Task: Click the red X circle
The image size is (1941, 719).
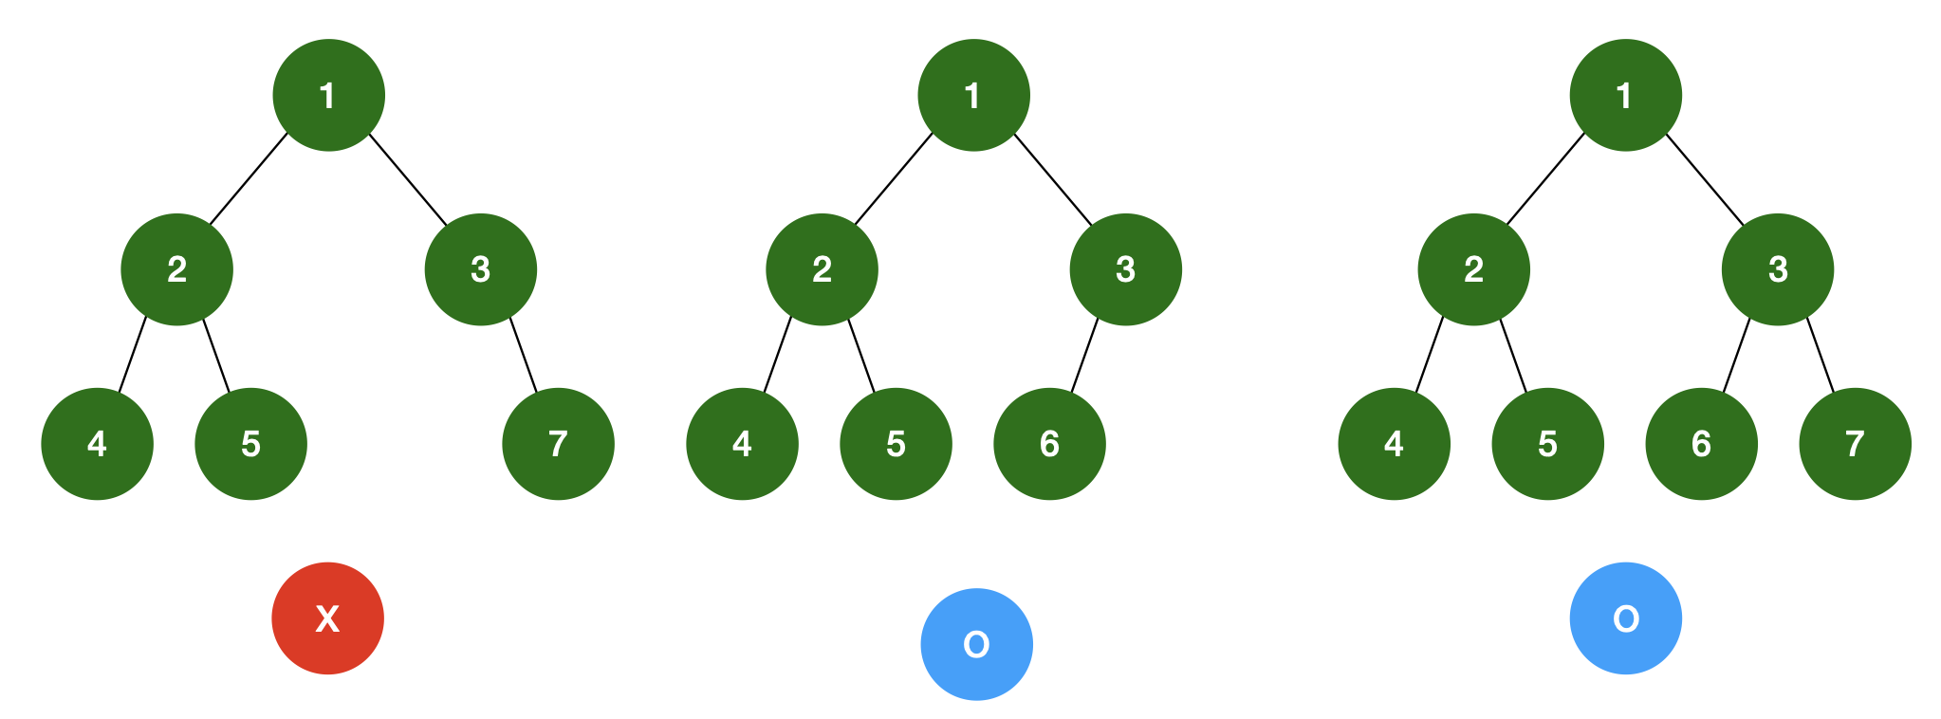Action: click(x=327, y=618)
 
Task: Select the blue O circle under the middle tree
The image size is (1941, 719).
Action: click(x=976, y=644)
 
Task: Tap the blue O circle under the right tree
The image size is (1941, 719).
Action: click(x=1625, y=618)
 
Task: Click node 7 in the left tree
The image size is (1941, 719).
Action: click(x=558, y=444)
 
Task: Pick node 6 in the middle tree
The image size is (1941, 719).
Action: click(x=1049, y=444)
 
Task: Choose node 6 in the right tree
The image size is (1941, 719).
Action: click(x=1701, y=444)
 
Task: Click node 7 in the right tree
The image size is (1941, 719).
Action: click(x=1855, y=444)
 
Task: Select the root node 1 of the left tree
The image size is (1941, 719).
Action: click(x=328, y=95)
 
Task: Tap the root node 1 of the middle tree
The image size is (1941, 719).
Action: click(x=973, y=95)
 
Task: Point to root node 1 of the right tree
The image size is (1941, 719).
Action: click(x=1625, y=95)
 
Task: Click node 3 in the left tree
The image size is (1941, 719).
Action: click(x=480, y=269)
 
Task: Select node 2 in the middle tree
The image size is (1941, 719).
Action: click(x=822, y=269)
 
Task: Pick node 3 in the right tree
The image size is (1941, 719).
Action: click(x=1778, y=269)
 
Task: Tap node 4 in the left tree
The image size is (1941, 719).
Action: click(x=97, y=444)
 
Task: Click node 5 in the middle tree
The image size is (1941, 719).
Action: click(x=896, y=444)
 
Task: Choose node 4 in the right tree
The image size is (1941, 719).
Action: click(x=1394, y=444)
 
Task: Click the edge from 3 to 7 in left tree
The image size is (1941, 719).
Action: click(x=523, y=355)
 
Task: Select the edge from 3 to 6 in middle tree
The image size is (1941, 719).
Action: click(x=1084, y=355)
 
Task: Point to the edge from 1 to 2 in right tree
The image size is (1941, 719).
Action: click(x=1545, y=180)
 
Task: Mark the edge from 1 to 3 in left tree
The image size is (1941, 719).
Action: click(x=407, y=180)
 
